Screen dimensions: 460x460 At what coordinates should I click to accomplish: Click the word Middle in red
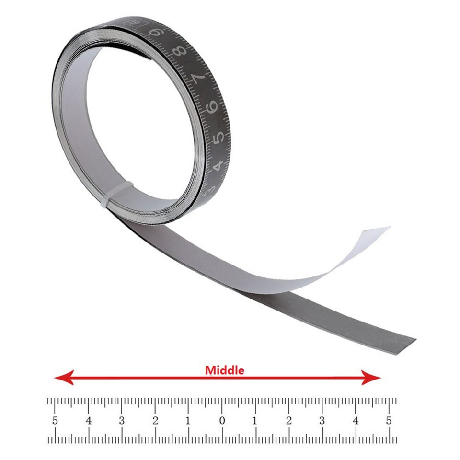tap(225, 370)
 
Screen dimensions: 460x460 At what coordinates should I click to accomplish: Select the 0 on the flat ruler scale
tap(222, 421)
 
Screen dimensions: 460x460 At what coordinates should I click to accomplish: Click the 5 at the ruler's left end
tap(55, 421)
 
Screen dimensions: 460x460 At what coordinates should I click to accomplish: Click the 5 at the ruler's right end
tap(389, 421)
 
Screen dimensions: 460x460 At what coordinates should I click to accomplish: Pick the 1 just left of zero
tap(188, 421)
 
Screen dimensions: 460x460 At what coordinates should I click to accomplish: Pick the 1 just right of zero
tap(255, 421)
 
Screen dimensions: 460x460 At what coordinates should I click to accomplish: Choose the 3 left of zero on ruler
tap(122, 421)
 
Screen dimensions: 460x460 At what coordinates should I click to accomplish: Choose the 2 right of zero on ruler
tap(288, 421)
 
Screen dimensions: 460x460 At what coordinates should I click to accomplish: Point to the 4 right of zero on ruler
tap(355, 421)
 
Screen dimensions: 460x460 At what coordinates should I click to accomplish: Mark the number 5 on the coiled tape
tap(219, 138)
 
